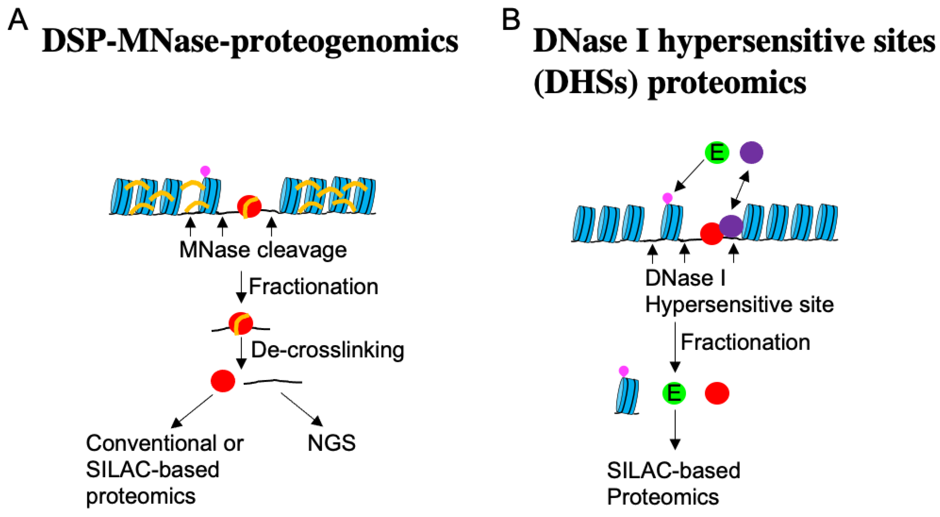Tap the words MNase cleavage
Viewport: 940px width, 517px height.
click(x=263, y=250)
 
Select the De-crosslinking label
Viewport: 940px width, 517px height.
click(x=327, y=350)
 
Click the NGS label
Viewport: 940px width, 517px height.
click(x=331, y=443)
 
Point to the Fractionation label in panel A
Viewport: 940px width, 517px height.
click(x=313, y=287)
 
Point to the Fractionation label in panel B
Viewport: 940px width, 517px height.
click(x=745, y=343)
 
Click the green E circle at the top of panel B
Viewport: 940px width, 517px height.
click(x=717, y=152)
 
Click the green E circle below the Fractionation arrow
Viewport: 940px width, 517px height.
click(x=674, y=393)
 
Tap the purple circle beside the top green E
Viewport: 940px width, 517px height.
click(x=751, y=152)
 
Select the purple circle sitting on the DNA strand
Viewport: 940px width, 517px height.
click(x=731, y=226)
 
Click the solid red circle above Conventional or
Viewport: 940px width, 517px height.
click(x=223, y=381)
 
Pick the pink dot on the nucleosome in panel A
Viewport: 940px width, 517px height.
click(x=205, y=171)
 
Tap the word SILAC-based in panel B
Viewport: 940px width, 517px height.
click(x=673, y=471)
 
